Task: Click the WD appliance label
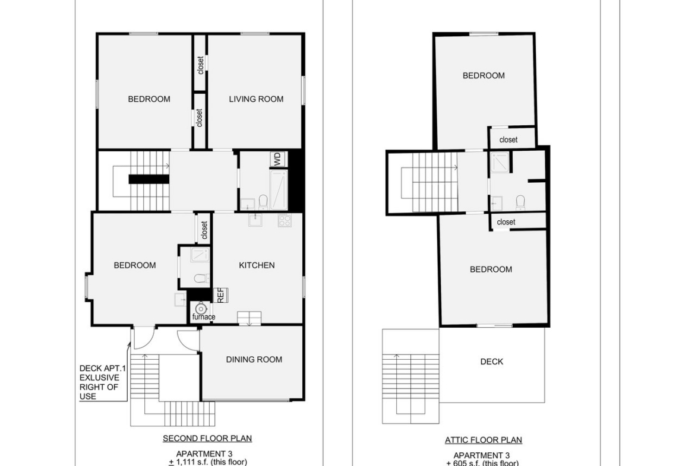pos(278,159)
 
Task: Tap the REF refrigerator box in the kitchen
pos(220,295)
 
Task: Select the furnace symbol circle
pos(201,308)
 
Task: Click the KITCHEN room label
pos(257,265)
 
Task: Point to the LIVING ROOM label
pos(256,99)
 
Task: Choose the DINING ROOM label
pos(254,360)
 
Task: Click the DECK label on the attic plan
pos(492,362)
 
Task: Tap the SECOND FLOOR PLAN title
pos(207,439)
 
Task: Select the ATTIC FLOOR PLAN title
pos(484,440)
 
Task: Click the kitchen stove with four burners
pos(285,220)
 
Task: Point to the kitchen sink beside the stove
pos(255,220)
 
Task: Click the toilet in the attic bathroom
pos(520,203)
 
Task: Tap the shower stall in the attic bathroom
pos(500,162)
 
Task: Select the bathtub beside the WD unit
pos(279,189)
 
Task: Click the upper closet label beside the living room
pos(201,65)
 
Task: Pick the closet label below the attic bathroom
pos(506,222)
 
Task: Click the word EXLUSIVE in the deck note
pos(99,378)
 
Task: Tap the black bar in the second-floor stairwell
pos(149,179)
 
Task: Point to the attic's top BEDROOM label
pos(484,76)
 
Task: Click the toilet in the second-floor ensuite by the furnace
pos(202,278)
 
